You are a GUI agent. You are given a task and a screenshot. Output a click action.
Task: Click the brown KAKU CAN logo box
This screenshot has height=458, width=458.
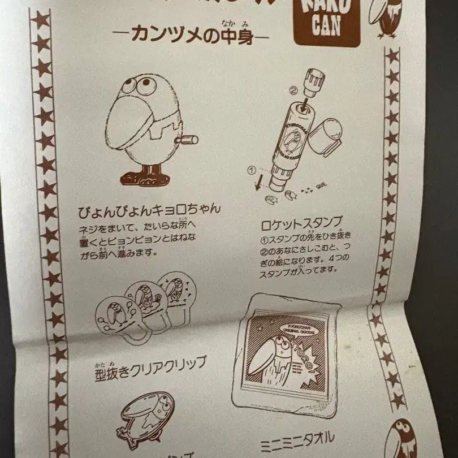pyautogui.click(x=327, y=23)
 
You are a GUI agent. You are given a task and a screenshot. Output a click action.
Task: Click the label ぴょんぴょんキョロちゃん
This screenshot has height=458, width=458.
pyautogui.click(x=149, y=210)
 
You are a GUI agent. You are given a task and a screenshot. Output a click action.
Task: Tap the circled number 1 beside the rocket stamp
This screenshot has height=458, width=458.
pyautogui.click(x=253, y=169)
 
